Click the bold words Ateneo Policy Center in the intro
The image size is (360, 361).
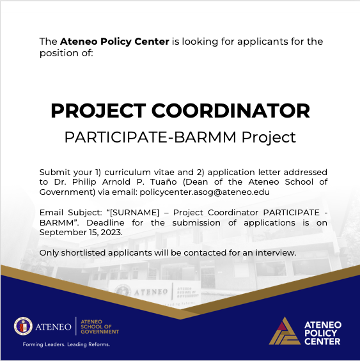[114, 42]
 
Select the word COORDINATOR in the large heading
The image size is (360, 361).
[241, 111]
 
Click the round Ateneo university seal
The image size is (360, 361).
[23, 326]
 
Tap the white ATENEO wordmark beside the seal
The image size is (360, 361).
[54, 327]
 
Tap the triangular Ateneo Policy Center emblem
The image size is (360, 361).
[285, 330]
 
